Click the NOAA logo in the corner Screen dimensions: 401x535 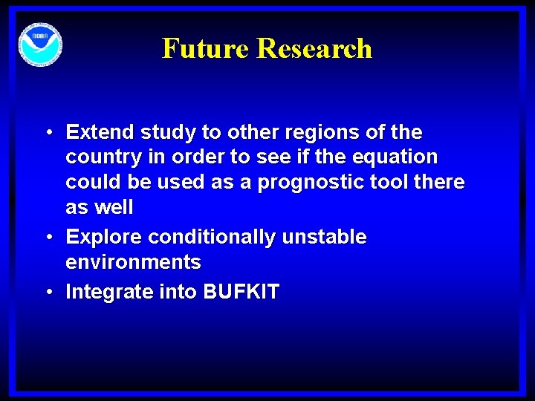[41, 45]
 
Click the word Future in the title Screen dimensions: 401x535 [206, 48]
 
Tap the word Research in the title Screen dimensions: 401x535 [314, 48]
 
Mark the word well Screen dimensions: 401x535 [114, 208]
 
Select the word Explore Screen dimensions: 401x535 [104, 238]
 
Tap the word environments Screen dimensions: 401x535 [133, 262]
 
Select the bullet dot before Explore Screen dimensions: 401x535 [48, 238]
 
